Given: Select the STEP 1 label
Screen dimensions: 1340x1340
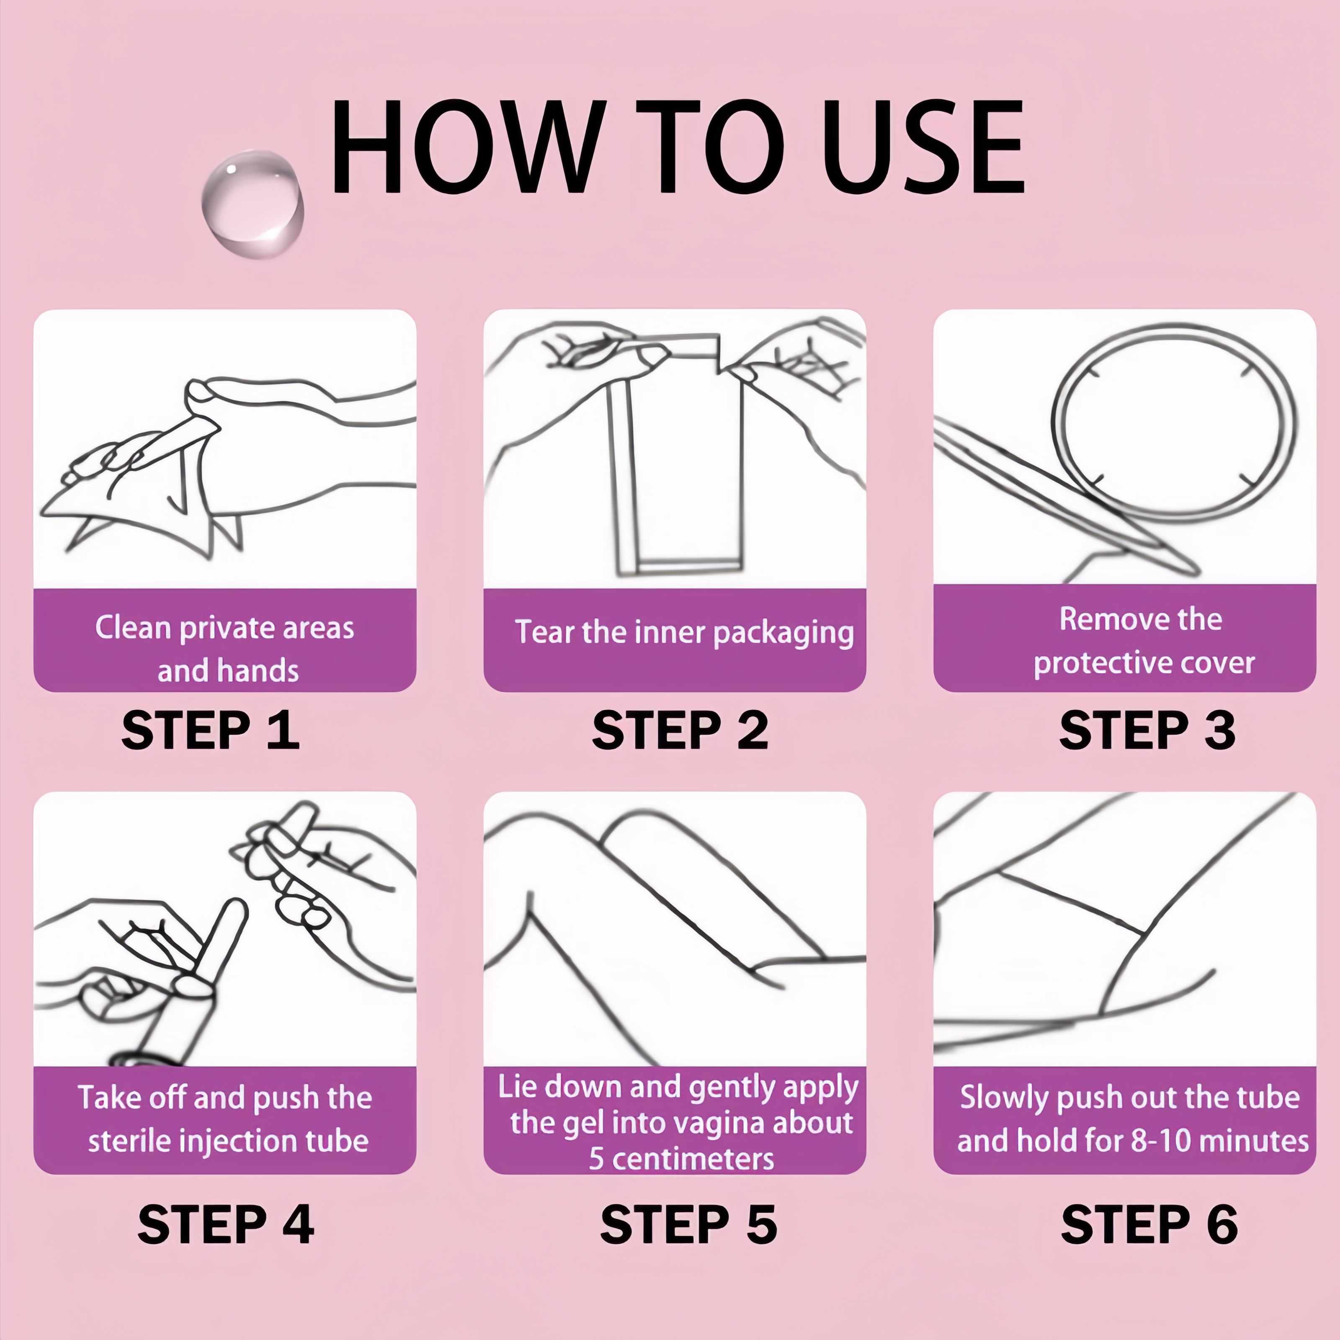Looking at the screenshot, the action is tap(210, 730).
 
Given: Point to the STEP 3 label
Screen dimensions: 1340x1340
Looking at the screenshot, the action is tap(1147, 730).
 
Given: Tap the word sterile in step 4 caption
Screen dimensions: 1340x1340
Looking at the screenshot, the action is tap(128, 1141).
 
